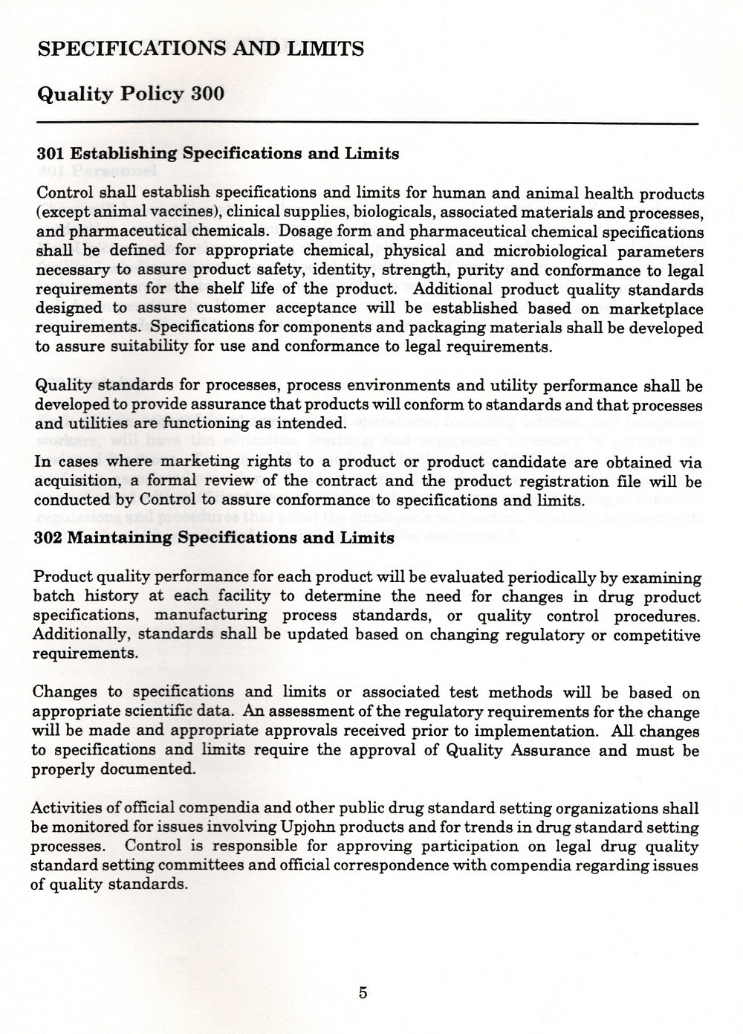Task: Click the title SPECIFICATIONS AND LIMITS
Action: [x=200, y=49]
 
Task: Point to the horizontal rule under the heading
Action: [x=368, y=122]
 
